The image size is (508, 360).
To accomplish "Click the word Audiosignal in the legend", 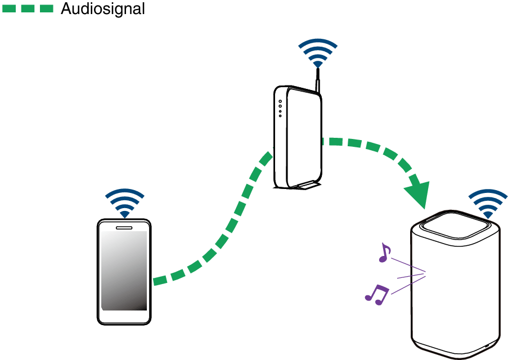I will [x=102, y=9].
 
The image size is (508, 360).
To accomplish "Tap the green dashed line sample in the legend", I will [x=28, y=9].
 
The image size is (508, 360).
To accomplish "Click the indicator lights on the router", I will [x=280, y=109].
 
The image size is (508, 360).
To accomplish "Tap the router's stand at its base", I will [x=304, y=185].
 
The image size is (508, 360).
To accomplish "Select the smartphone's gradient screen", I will [x=124, y=270].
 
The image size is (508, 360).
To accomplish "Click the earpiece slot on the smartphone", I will [x=124, y=228].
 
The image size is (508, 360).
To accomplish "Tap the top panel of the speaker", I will [x=456, y=224].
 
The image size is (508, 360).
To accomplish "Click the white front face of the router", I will [x=304, y=135].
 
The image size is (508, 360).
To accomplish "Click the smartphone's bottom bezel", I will [x=124, y=317].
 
